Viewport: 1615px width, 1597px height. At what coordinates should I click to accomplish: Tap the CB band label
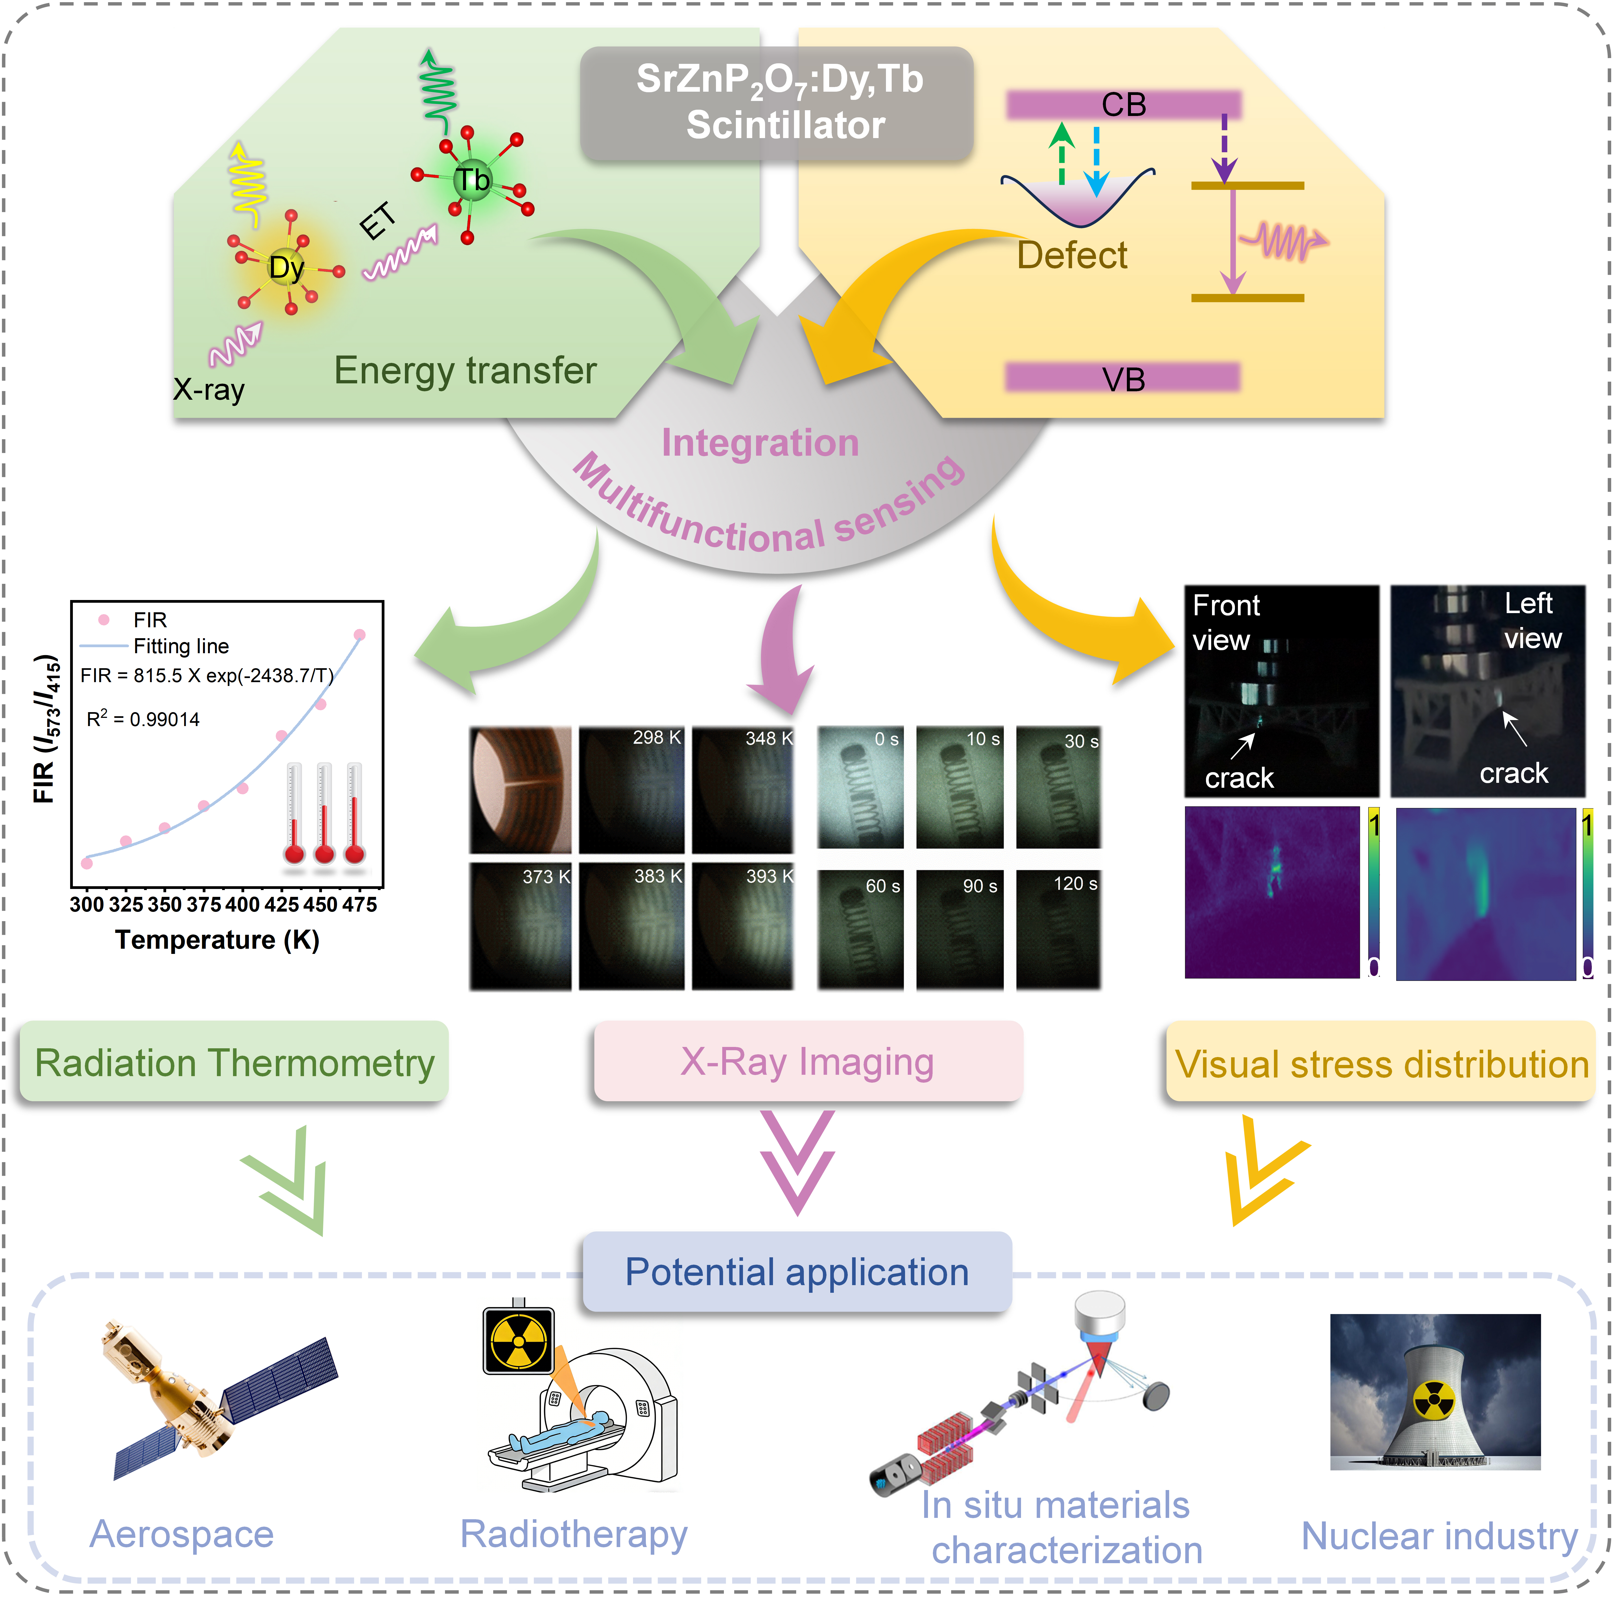(1124, 105)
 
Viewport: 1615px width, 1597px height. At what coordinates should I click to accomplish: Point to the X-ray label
(209, 390)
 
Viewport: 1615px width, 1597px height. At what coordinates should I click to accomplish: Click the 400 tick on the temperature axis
(242, 904)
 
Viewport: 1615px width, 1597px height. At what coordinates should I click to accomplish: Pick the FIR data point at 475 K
(359, 635)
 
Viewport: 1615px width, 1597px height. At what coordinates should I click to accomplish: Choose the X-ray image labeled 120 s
(1058, 930)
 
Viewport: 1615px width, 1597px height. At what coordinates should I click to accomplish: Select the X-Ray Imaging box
(808, 1062)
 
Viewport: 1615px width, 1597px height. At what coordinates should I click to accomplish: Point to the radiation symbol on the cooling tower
(1434, 1401)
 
